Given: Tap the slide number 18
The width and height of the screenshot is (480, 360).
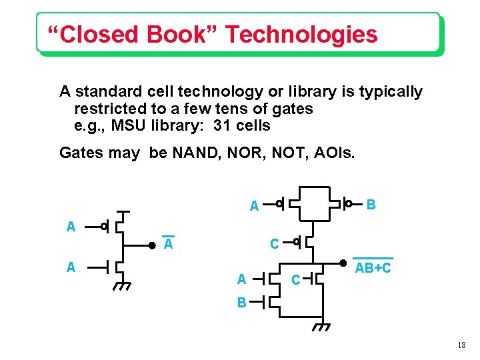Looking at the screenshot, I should (x=462, y=345).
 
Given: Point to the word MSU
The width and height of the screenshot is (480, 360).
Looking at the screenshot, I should (x=129, y=125).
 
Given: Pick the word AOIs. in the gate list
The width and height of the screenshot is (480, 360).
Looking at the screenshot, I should (x=333, y=153).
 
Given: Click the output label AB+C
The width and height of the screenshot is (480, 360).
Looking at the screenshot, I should (x=373, y=269).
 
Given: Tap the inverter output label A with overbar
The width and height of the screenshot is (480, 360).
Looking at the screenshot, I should (x=169, y=245).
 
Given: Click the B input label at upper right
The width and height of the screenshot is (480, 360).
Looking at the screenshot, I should (x=371, y=203).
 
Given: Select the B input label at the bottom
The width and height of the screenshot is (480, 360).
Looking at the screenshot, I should (x=242, y=303).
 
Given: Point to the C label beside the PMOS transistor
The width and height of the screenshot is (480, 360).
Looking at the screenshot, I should (x=274, y=244).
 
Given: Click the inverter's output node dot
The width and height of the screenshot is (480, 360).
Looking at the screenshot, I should (x=151, y=245).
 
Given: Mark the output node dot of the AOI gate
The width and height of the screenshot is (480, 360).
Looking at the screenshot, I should (x=342, y=263).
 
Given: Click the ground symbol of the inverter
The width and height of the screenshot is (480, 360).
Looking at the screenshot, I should (x=122, y=287).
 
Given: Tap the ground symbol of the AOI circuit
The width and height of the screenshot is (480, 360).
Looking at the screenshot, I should (x=322, y=327).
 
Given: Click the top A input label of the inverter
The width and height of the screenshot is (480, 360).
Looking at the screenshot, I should (x=71, y=227).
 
